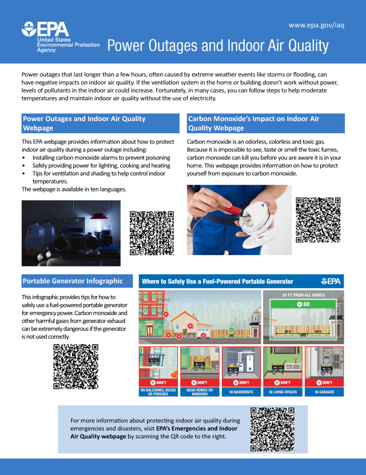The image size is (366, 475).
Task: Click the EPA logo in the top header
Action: (46, 29)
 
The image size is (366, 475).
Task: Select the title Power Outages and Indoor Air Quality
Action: (218, 46)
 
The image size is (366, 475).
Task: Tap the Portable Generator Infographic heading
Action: (73, 281)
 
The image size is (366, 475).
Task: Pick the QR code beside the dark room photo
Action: (152, 233)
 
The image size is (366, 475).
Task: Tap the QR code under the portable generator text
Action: (75, 366)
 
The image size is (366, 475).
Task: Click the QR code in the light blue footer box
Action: (272, 429)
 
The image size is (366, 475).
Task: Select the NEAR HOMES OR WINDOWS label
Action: (200, 392)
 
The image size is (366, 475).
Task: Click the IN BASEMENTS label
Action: (241, 392)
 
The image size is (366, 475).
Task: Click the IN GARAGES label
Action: (323, 392)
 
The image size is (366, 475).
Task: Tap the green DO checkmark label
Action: (303, 305)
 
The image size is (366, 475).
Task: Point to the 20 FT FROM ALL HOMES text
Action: (303, 296)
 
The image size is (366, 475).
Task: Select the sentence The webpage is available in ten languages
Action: (74, 189)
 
